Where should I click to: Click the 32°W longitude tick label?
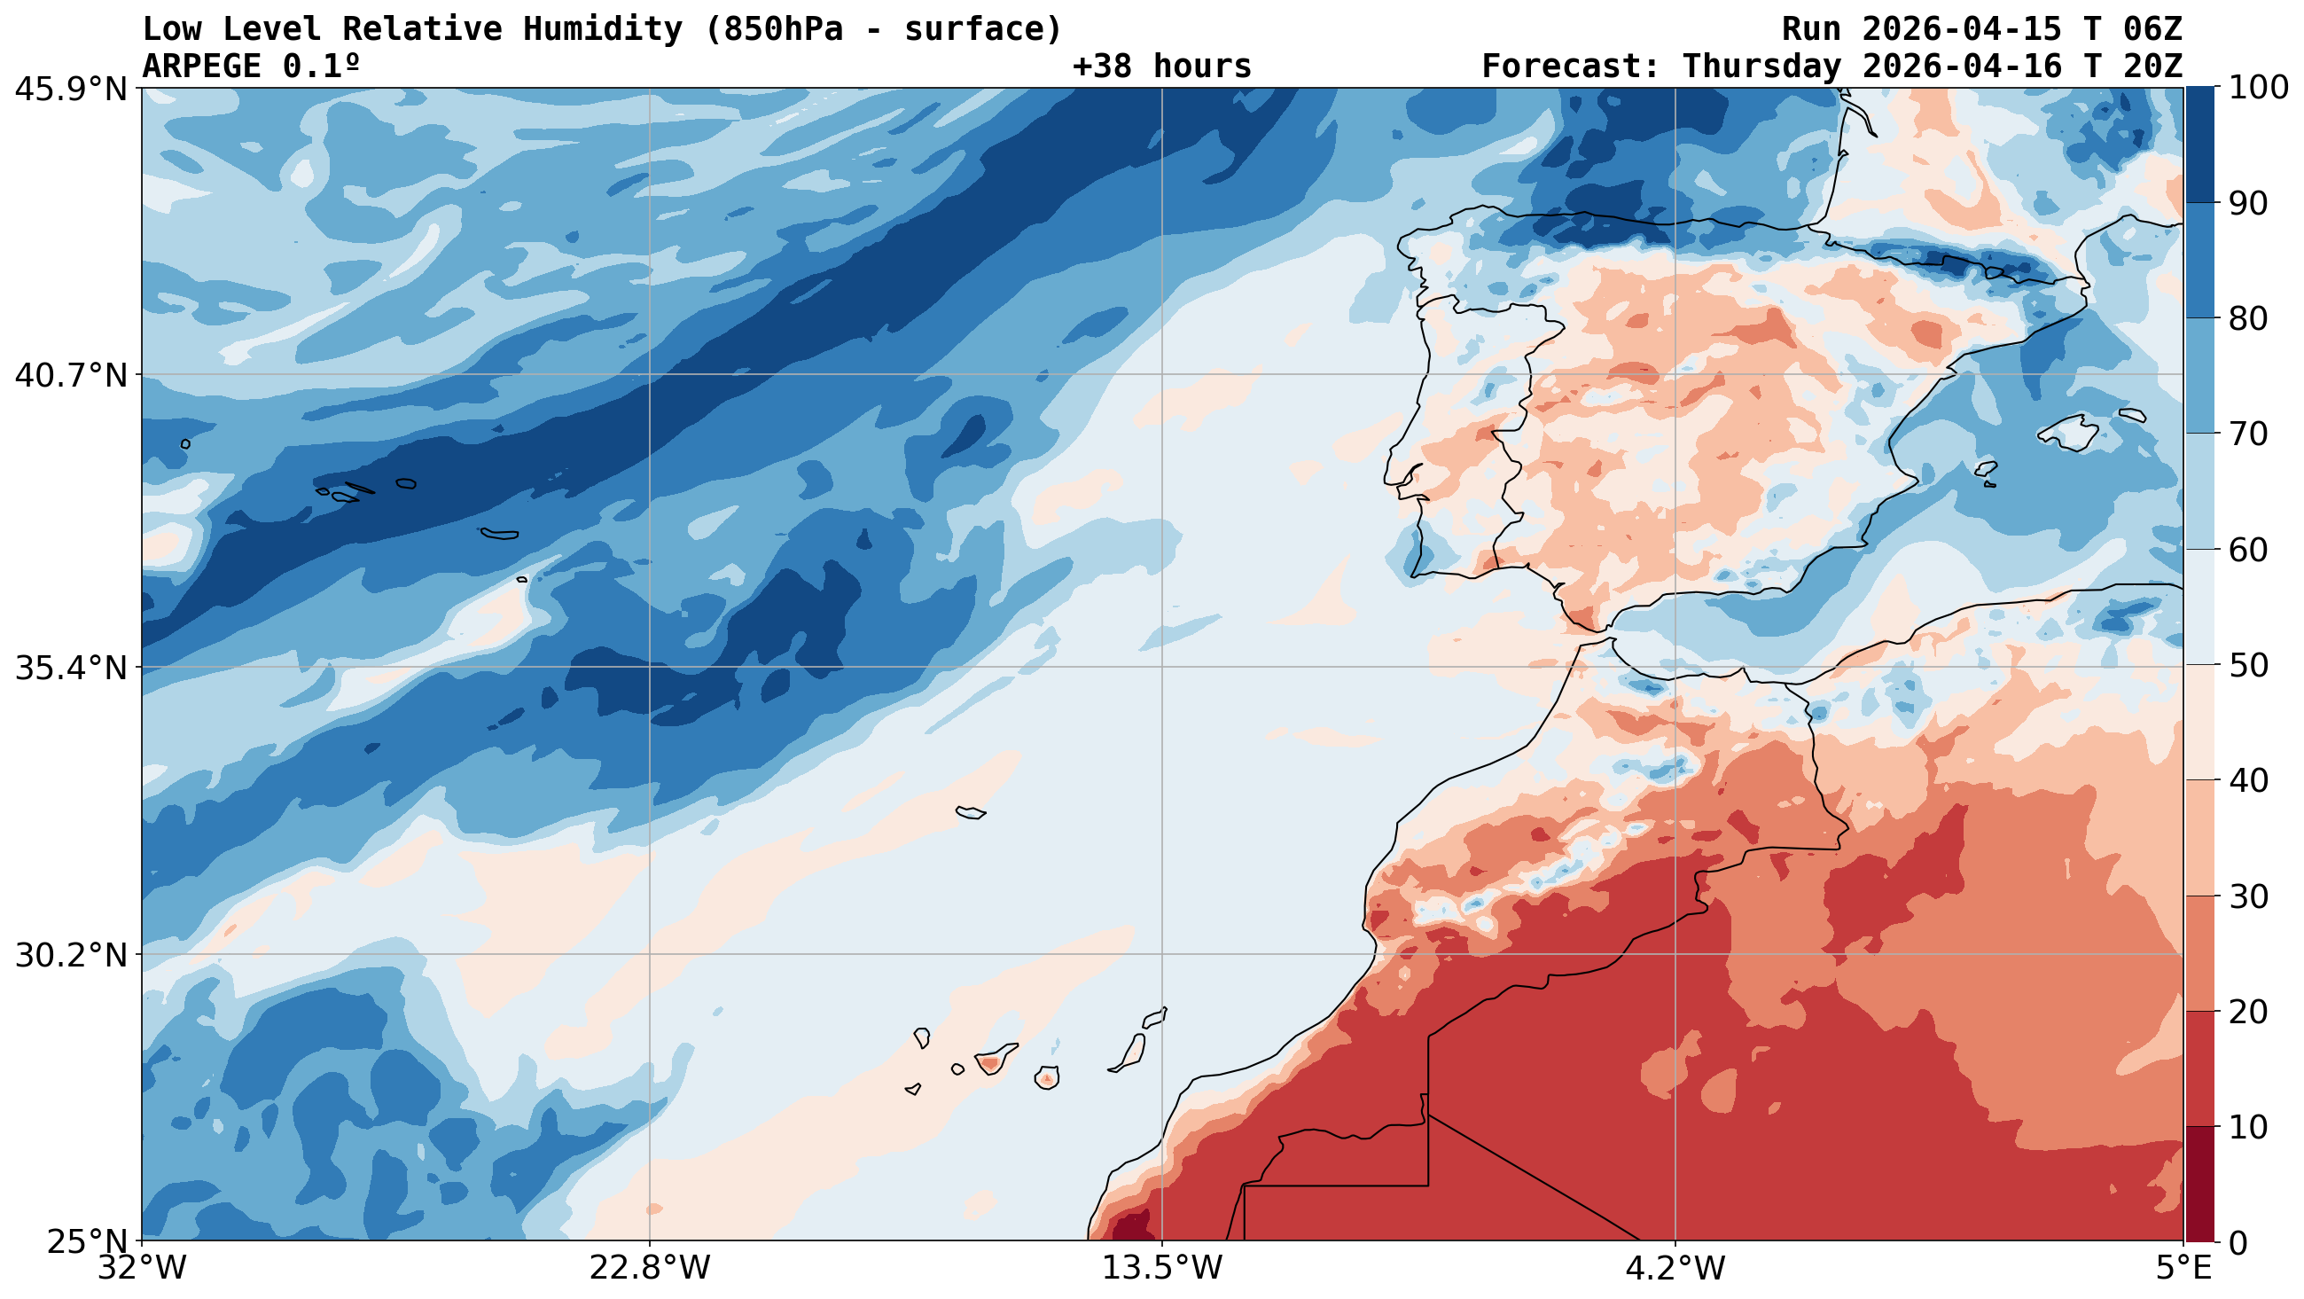coord(143,1269)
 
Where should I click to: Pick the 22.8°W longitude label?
coord(649,1269)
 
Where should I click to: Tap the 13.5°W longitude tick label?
coord(1162,1269)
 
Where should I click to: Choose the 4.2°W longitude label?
coord(1675,1269)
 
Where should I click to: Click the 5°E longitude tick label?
coord(2183,1269)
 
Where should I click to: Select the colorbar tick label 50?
coord(2248,666)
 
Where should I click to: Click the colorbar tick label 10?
coord(2248,1127)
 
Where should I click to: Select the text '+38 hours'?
coord(1162,67)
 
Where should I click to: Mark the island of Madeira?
coord(971,812)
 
